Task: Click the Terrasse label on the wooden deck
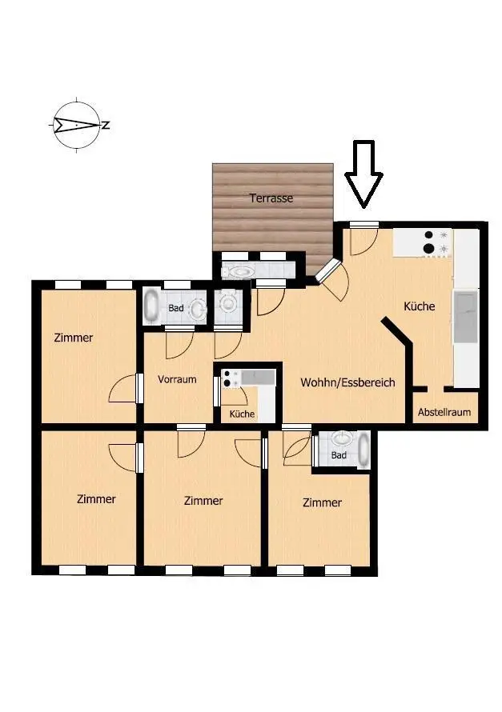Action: (271, 198)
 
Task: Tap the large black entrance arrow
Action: (364, 174)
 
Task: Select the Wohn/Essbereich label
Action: (347, 382)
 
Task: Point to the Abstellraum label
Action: (444, 412)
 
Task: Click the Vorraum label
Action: (177, 379)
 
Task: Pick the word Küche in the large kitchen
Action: (420, 306)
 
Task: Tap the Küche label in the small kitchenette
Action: (242, 414)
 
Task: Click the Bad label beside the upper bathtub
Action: (176, 308)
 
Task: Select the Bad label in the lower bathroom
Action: (339, 455)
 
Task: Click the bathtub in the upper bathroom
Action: (151, 306)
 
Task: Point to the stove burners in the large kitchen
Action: (429, 242)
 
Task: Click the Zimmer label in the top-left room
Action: (74, 338)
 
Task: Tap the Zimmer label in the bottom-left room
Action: (96, 499)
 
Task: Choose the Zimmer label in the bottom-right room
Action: (322, 502)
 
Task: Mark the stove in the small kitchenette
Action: (231, 378)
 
